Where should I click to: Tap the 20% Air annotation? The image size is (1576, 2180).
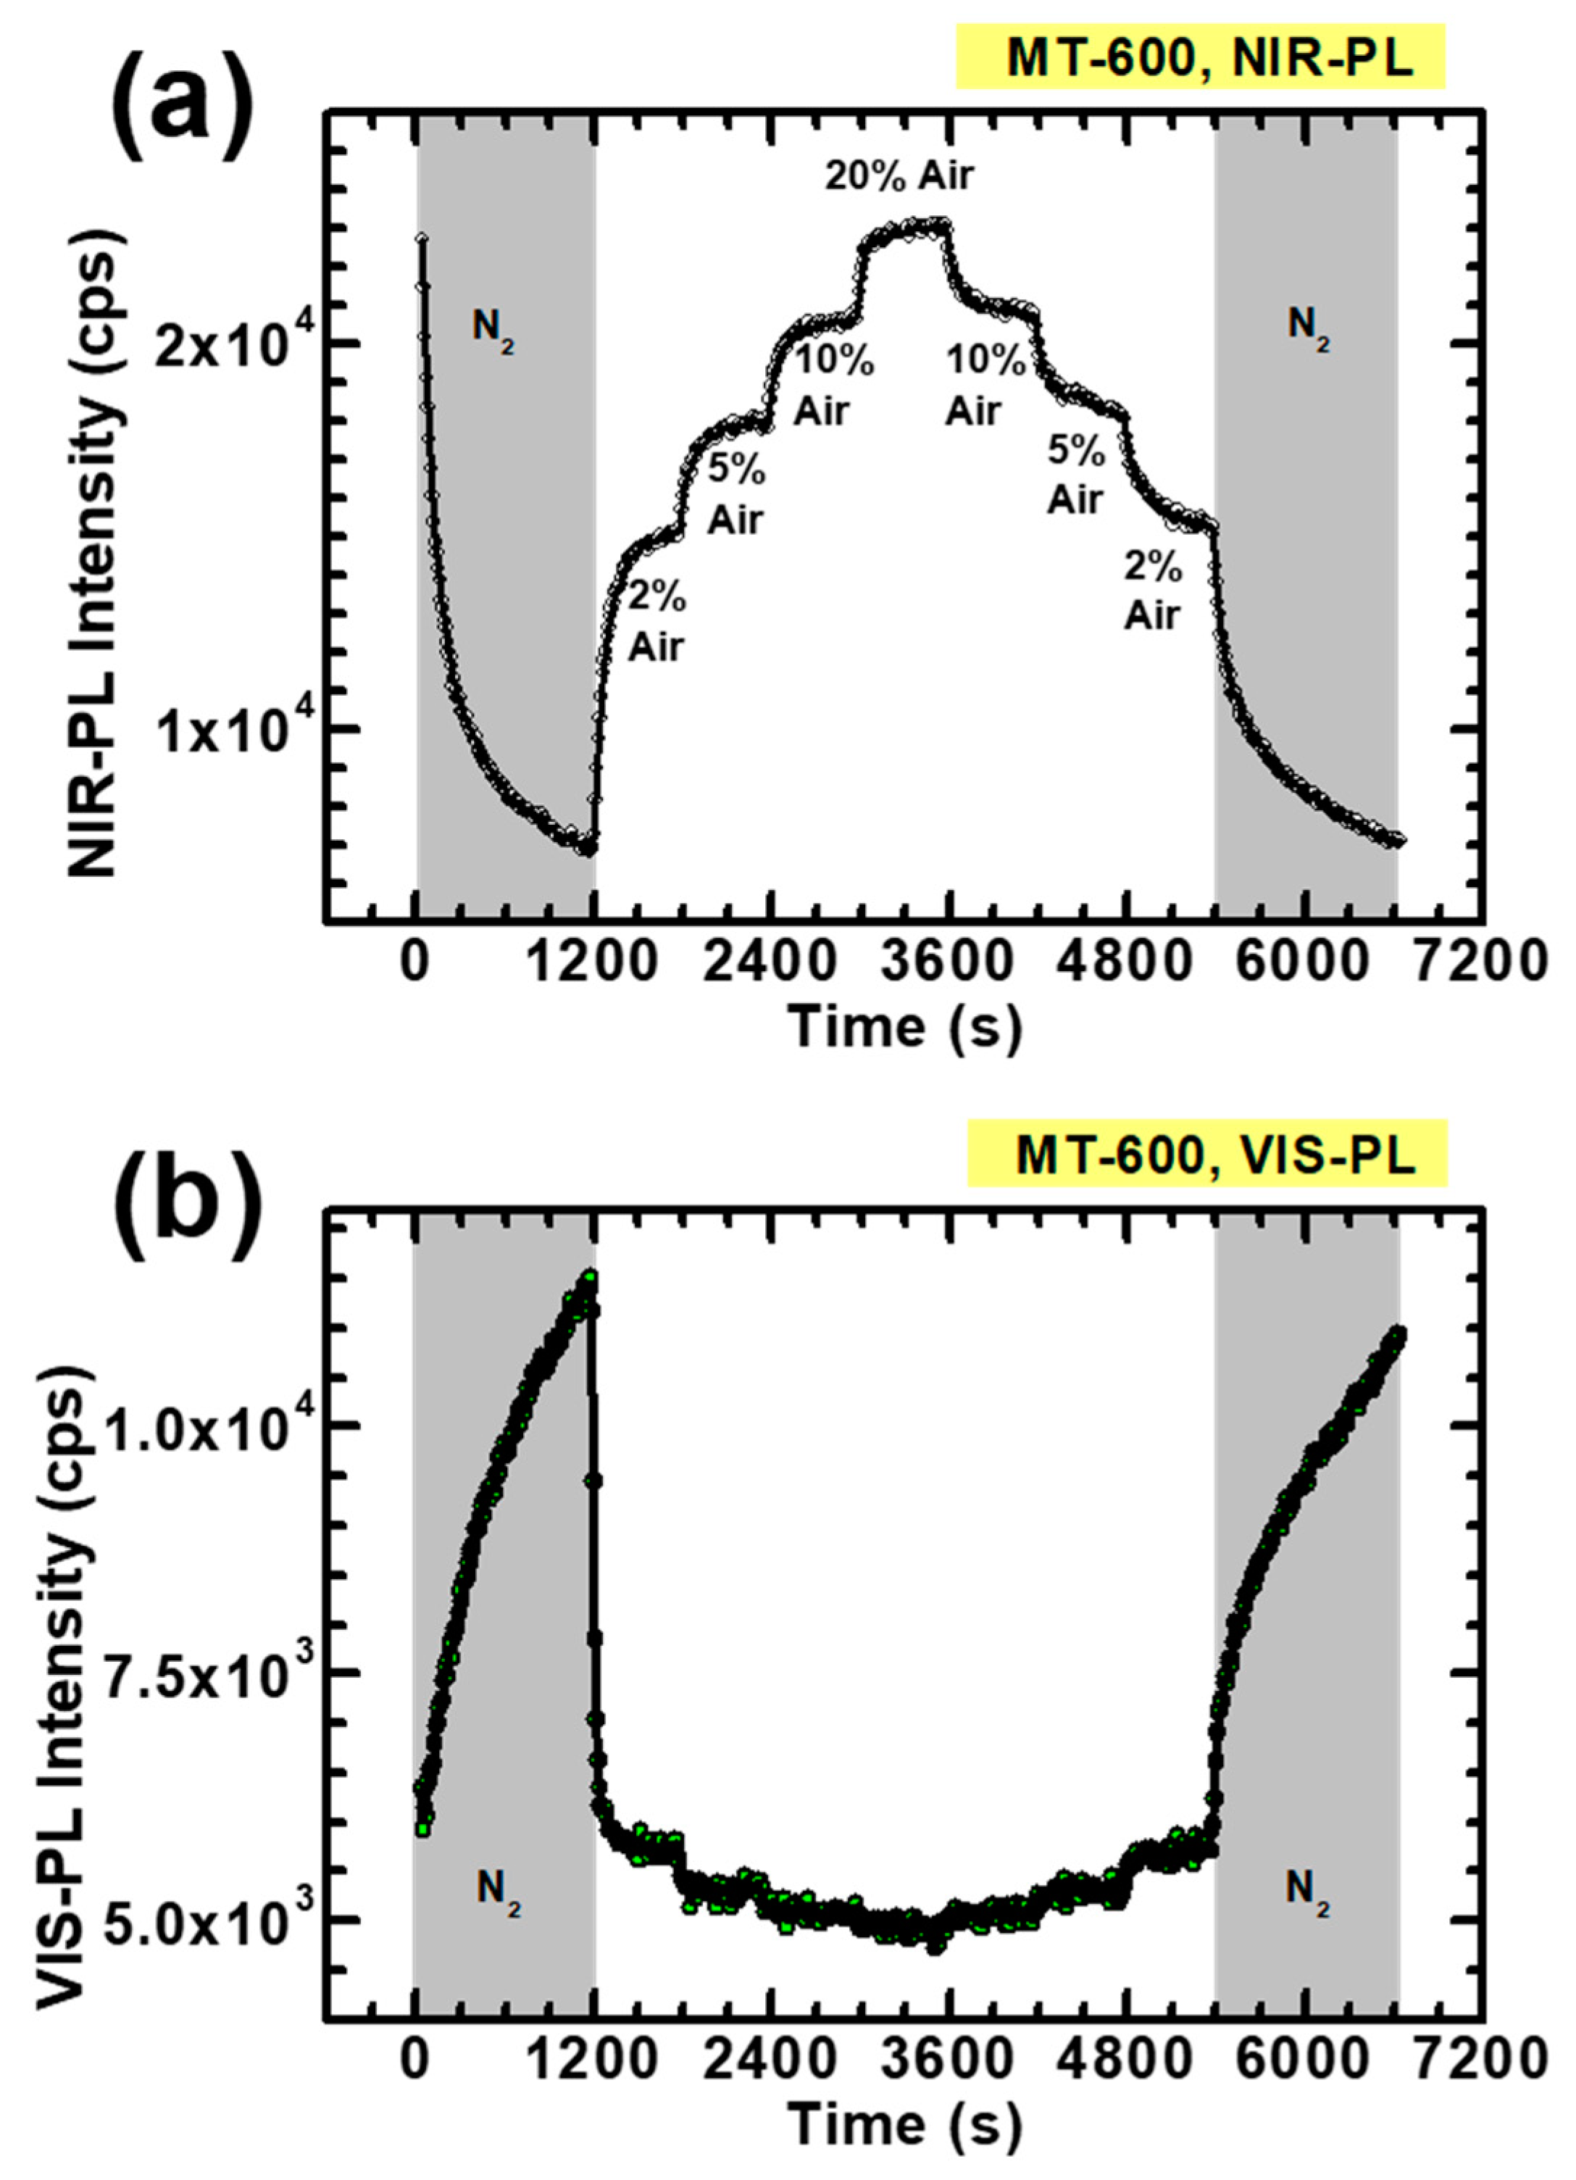coord(899,176)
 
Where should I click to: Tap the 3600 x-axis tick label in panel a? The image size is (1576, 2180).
coord(949,963)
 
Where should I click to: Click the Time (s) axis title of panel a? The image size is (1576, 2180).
coord(904,1028)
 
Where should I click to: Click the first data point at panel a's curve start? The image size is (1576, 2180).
coord(421,238)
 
